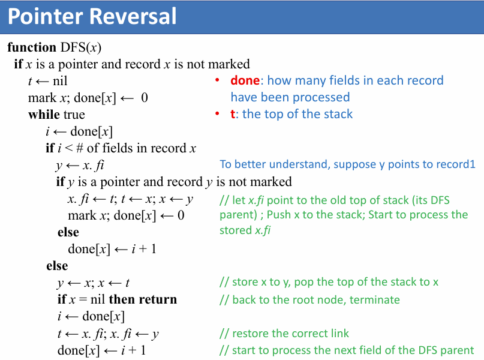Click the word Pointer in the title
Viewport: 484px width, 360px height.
click(x=46, y=16)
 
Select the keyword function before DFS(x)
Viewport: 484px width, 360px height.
click(x=32, y=47)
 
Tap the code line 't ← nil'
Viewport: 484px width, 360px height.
click(x=48, y=81)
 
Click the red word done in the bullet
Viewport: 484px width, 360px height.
click(x=245, y=80)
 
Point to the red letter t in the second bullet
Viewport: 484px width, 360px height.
click(x=233, y=114)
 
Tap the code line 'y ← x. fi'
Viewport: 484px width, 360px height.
click(x=83, y=165)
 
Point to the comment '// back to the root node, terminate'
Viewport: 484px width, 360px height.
click(x=309, y=299)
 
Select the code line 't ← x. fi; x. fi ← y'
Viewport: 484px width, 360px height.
click(x=108, y=334)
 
